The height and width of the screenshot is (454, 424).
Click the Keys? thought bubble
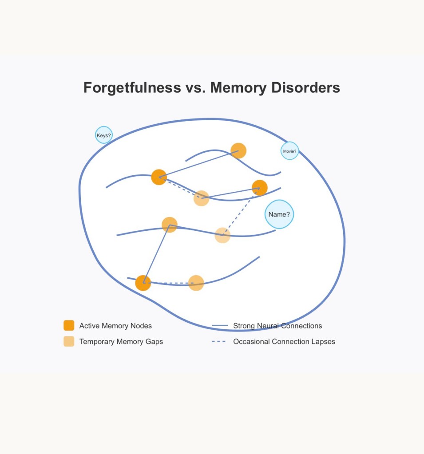(x=104, y=135)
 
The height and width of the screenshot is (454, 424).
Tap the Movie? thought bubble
(x=289, y=151)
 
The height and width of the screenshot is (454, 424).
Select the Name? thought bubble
(x=279, y=214)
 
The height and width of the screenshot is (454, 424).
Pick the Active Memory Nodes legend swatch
(x=69, y=325)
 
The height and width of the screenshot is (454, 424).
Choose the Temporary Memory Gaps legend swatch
(x=69, y=341)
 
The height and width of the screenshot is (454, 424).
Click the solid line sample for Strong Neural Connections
(x=220, y=326)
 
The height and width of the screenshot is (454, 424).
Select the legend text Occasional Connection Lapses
(x=284, y=342)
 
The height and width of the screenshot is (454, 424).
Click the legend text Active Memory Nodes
(x=115, y=326)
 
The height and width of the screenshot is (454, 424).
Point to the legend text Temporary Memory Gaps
(x=121, y=342)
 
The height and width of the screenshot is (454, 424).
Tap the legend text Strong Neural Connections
(x=277, y=326)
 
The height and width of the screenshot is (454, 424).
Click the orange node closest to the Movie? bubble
(x=238, y=151)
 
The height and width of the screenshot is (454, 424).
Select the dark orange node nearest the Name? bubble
(x=260, y=188)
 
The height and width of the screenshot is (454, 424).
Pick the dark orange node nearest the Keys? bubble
(x=159, y=177)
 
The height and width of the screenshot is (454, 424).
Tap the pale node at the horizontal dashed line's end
(x=196, y=283)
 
